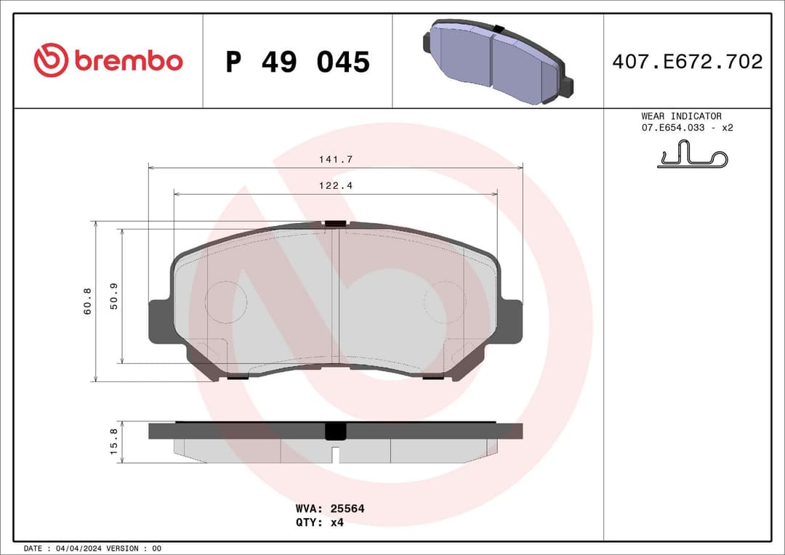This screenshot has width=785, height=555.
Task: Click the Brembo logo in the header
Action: (108, 61)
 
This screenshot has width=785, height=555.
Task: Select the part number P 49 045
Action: (297, 62)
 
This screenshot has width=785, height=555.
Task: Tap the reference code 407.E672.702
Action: (687, 62)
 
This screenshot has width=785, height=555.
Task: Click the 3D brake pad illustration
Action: (498, 62)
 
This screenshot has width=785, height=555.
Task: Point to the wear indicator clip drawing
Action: (692, 155)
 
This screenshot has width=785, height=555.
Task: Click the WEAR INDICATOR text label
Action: (681, 116)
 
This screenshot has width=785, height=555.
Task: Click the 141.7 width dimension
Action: (335, 159)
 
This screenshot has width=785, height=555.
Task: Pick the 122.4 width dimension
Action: (335, 186)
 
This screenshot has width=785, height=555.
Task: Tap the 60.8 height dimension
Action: (87, 301)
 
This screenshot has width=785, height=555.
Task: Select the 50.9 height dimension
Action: (113, 297)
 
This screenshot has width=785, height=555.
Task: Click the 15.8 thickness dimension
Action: (113, 442)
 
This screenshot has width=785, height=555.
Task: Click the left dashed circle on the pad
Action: (226, 302)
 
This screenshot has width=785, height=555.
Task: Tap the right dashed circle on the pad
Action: (444, 302)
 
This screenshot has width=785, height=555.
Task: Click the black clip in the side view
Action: (335, 432)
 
